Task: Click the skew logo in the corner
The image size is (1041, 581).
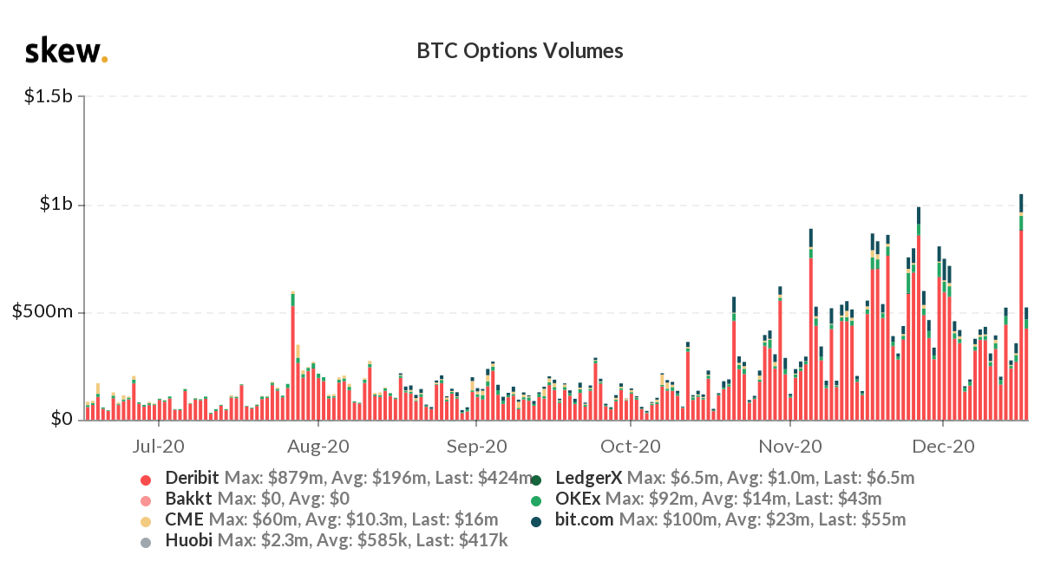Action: pyautogui.click(x=66, y=51)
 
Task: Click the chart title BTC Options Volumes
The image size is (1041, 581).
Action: pyautogui.click(x=520, y=51)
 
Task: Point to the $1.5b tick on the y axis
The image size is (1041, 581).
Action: pyautogui.click(x=49, y=96)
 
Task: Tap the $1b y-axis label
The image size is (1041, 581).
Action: pyautogui.click(x=56, y=205)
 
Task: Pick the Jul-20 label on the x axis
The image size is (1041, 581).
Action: pyautogui.click(x=160, y=447)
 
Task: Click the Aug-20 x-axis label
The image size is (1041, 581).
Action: pyautogui.click(x=319, y=447)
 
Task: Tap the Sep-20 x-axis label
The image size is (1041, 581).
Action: pyautogui.click(x=476, y=447)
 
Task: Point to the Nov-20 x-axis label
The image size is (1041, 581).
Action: pyautogui.click(x=791, y=447)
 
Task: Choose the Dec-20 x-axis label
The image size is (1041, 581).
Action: pyautogui.click(x=944, y=447)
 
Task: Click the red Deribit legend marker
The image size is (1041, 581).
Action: pyautogui.click(x=146, y=479)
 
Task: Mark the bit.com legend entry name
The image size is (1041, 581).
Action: pyautogui.click(x=584, y=519)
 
